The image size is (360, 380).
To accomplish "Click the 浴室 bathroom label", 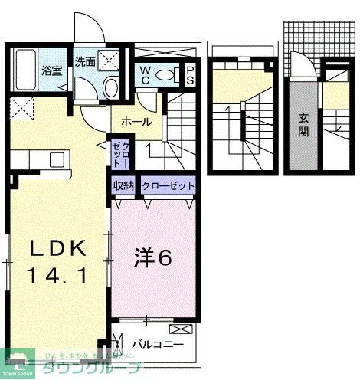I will point(51,69).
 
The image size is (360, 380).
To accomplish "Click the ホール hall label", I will point(136,122).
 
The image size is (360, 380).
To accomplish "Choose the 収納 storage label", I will point(124,185).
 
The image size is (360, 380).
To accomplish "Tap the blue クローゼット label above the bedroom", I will point(167,185).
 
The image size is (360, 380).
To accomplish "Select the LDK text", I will point(55,249).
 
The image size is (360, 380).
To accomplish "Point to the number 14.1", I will point(55,274).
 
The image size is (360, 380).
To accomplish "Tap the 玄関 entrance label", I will point(303,124).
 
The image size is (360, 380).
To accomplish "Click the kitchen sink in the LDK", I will point(57,159).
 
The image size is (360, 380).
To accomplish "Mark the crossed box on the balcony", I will point(178,329).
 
